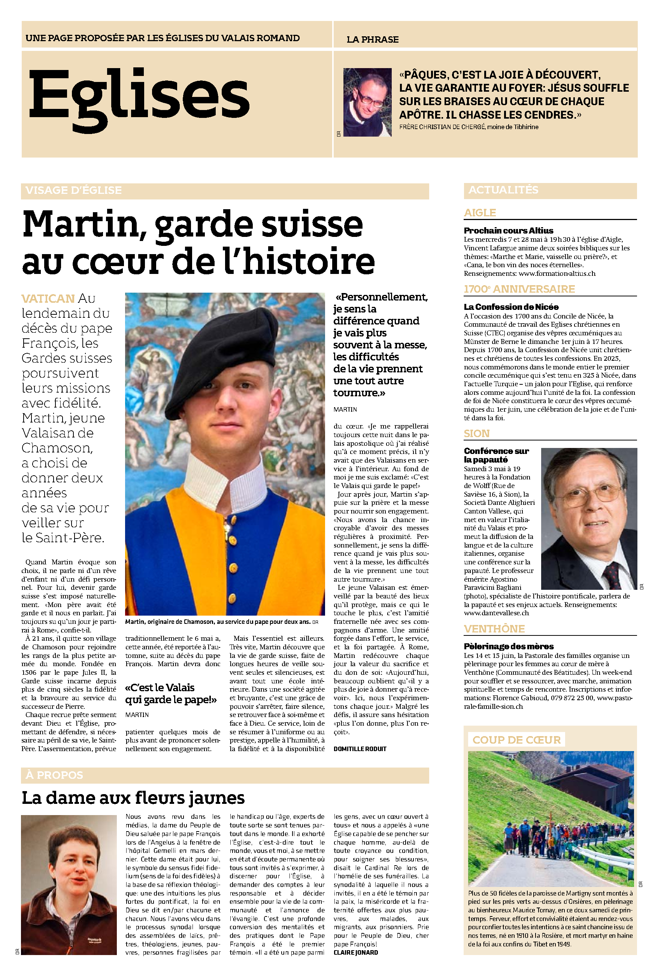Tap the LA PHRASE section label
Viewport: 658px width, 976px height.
tap(372, 40)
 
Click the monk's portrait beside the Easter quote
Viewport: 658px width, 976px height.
tap(367, 102)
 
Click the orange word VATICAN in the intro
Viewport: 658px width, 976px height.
tap(48, 299)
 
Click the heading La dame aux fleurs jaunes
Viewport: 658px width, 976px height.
tap(133, 797)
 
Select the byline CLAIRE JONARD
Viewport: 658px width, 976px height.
tap(355, 952)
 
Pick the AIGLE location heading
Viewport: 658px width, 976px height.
tap(480, 213)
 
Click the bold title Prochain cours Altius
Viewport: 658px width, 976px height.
tap(508, 231)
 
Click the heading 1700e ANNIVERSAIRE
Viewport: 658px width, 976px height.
tap(519, 289)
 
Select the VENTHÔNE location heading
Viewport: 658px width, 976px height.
tap(494, 629)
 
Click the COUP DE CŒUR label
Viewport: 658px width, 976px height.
tap(516, 740)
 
